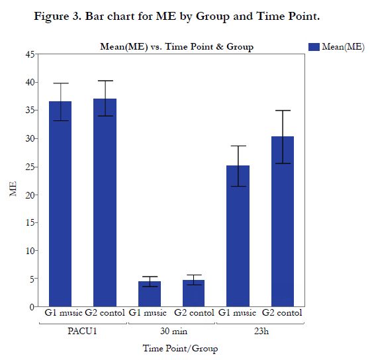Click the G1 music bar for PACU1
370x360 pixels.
click(60, 204)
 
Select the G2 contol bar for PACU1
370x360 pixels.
click(105, 202)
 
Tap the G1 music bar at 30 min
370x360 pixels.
click(150, 294)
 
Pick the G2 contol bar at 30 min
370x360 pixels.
click(194, 293)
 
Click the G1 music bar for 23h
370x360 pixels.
click(238, 236)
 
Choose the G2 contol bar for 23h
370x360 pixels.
click(283, 221)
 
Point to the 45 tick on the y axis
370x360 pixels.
click(36, 54)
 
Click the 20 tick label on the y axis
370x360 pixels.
click(30, 195)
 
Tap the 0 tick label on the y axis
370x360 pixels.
click(32, 307)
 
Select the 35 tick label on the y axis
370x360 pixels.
click(30, 111)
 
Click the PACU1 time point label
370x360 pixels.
click(82, 332)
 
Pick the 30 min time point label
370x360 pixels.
click(173, 332)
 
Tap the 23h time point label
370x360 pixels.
click(261, 332)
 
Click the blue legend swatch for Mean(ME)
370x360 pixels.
click(314, 47)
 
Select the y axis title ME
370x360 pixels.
click(13, 189)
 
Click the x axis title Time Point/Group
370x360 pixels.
click(180, 349)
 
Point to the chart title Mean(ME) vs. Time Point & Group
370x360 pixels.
click(177, 47)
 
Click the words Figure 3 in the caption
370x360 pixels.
click(58, 17)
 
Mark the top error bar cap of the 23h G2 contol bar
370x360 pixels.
click(283, 111)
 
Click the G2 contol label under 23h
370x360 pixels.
click(282, 313)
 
